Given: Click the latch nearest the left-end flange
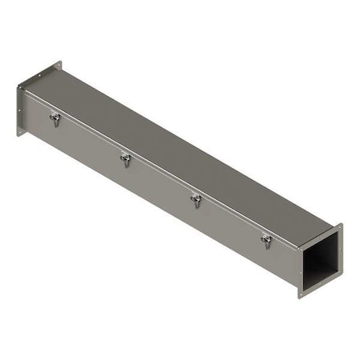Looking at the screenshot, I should (54, 118).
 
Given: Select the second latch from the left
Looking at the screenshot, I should (125, 158).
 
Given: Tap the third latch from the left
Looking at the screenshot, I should (194, 199).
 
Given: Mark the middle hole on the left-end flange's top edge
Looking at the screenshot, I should (38, 74).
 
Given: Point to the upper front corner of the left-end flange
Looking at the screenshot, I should (17, 85).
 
